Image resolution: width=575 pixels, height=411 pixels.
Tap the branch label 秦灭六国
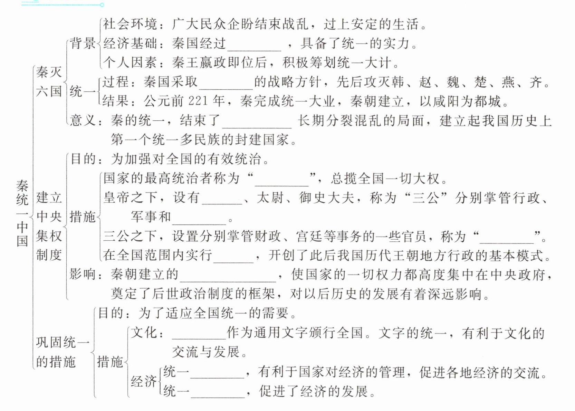pyautogui.click(x=49, y=82)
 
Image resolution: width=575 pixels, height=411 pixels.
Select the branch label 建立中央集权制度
pyautogui.click(x=49, y=226)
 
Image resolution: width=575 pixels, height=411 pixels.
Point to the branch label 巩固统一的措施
pyautogui.click(x=62, y=352)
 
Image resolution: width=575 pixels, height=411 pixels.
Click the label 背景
pyautogui.click(x=83, y=44)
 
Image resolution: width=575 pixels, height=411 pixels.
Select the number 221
pyautogui.click(x=198, y=101)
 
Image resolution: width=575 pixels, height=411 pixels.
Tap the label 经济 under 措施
pyautogui.click(x=143, y=381)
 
